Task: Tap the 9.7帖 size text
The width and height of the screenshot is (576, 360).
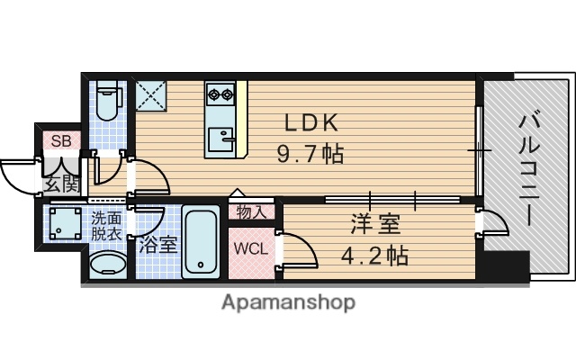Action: click(x=310, y=153)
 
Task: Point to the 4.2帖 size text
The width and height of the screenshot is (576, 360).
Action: click(x=375, y=255)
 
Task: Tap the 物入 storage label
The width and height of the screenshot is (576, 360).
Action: click(x=252, y=212)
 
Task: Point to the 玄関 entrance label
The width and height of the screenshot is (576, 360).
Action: click(x=61, y=185)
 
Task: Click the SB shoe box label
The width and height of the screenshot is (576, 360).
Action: click(x=60, y=140)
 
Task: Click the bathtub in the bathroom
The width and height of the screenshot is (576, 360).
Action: click(x=200, y=242)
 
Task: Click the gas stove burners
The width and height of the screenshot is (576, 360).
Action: click(x=220, y=92)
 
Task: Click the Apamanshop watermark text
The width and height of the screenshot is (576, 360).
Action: click(x=288, y=302)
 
